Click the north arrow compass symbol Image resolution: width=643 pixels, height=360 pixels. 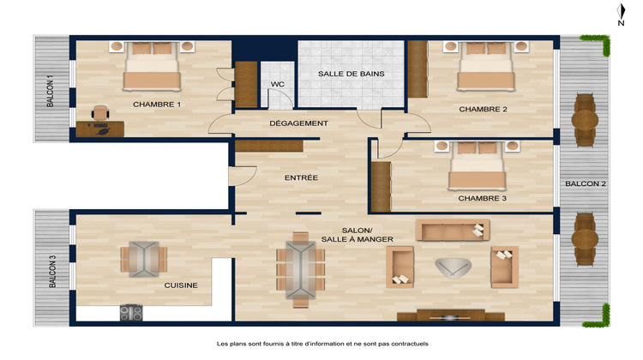tap(620, 14)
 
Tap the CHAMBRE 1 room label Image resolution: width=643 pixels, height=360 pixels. tap(157, 105)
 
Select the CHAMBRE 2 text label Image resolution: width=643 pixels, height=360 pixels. tap(483, 109)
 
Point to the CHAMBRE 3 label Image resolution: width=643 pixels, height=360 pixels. tap(482, 198)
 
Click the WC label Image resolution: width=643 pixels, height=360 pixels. tap(277, 84)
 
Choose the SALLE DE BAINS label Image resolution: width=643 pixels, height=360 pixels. tap(351, 75)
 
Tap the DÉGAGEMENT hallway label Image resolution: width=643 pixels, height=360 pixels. tap(298, 123)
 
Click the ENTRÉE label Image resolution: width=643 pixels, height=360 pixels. tap(301, 177)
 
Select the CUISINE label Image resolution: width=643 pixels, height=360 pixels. tap(183, 285)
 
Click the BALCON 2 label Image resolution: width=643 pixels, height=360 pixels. tap(586, 183)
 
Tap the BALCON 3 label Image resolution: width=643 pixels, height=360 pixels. tap(52, 273)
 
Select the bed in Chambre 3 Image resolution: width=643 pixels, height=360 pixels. tap(478, 166)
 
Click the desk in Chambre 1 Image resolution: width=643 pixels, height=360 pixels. tap(99, 129)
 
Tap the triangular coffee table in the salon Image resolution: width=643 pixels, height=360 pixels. tap(452, 268)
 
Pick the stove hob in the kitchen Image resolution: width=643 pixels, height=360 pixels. tap(130, 313)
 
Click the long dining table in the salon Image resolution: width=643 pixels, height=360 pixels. tap(301, 268)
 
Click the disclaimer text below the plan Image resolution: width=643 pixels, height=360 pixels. tap(321, 343)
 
